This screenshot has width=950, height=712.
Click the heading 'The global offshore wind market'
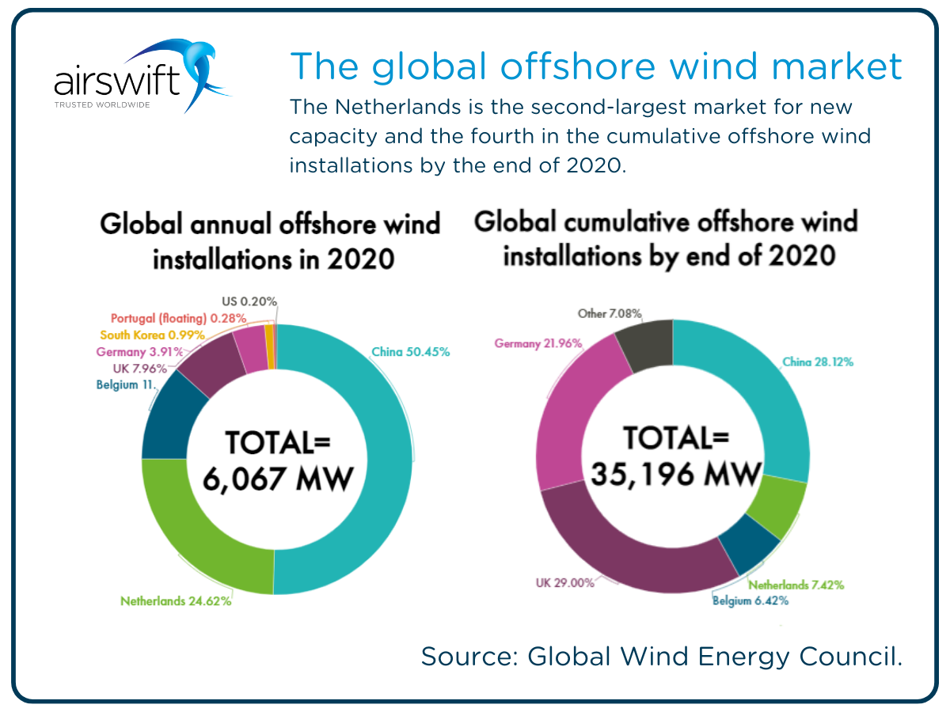coord(595,66)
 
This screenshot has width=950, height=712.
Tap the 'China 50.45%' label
coord(410,352)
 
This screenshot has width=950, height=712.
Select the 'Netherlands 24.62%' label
coord(176,601)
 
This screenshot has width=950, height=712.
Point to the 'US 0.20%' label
coord(249,301)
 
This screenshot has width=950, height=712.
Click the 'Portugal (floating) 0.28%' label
coord(178,318)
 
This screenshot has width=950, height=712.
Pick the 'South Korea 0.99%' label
coord(152,335)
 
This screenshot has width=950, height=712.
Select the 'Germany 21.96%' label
coord(538,343)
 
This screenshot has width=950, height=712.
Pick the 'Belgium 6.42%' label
coord(750,600)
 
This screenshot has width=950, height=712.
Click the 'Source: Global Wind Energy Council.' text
coord(661,656)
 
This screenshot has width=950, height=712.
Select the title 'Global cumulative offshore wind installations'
coord(666,239)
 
